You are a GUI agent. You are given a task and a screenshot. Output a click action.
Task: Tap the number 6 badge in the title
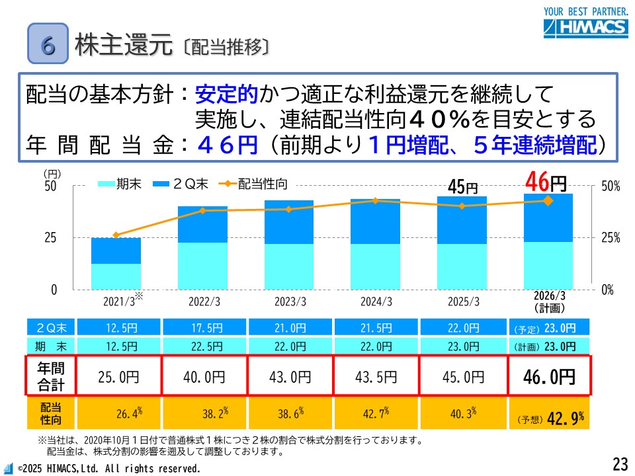[48, 44]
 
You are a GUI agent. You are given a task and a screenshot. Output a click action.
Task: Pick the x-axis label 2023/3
[290, 301]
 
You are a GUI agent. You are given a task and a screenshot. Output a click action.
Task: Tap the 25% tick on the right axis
[611, 237]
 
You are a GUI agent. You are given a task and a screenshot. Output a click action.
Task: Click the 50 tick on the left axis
[50, 186]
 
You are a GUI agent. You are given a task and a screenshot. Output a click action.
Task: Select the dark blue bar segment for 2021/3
[116, 251]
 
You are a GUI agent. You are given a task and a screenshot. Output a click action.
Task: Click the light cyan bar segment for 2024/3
[376, 266]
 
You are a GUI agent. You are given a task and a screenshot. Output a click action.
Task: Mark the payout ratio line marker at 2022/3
[203, 210]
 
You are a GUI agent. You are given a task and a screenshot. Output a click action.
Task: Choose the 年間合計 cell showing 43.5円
[376, 376]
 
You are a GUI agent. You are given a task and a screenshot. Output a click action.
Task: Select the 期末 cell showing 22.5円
[204, 346]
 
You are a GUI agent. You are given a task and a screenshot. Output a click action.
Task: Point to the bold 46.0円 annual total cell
[548, 376]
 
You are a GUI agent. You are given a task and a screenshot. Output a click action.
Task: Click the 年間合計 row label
[50, 376]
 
